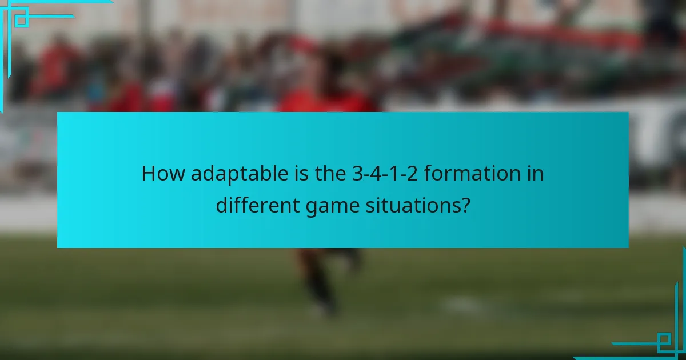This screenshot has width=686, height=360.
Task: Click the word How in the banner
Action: [x=163, y=173]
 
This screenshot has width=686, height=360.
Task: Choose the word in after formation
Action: [x=535, y=173]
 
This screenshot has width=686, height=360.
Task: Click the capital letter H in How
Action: [x=149, y=173]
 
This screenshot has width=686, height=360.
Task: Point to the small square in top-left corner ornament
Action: [x=22, y=21]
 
